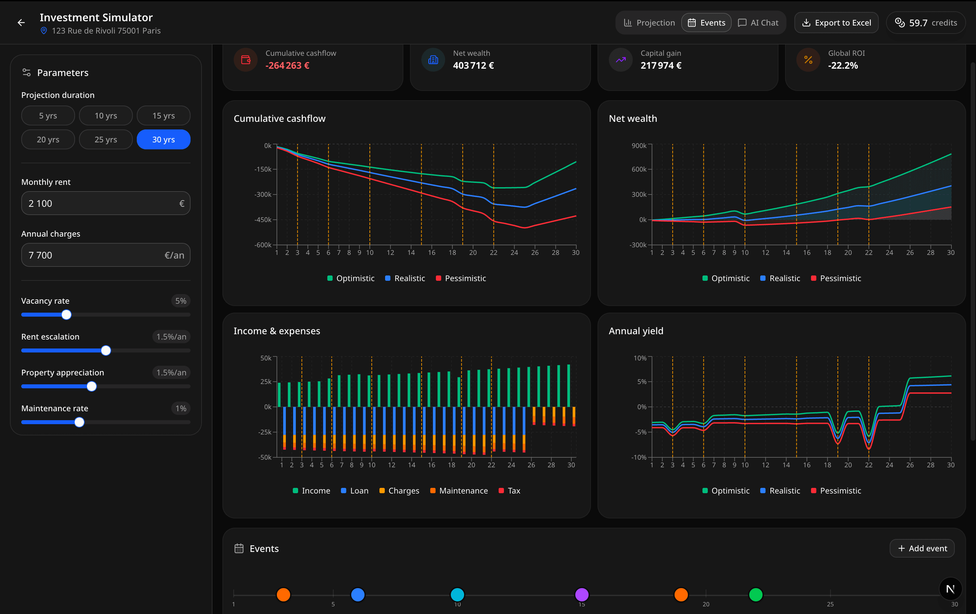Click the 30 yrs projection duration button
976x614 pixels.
[163, 139]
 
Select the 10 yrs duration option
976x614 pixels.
[106, 115]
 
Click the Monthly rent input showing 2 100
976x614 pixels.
[101, 203]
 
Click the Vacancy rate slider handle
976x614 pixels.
[66, 315]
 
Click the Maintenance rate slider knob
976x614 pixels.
[79, 422]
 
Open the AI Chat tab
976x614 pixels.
[758, 23]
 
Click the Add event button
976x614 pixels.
[922, 548]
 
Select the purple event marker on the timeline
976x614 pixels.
[582, 594]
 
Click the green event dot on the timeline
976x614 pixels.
[756, 594]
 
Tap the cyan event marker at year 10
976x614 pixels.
[457, 594]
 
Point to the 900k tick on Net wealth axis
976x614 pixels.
[639, 145]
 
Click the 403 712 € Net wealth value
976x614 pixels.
[473, 66]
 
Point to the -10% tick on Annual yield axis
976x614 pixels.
[639, 457]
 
